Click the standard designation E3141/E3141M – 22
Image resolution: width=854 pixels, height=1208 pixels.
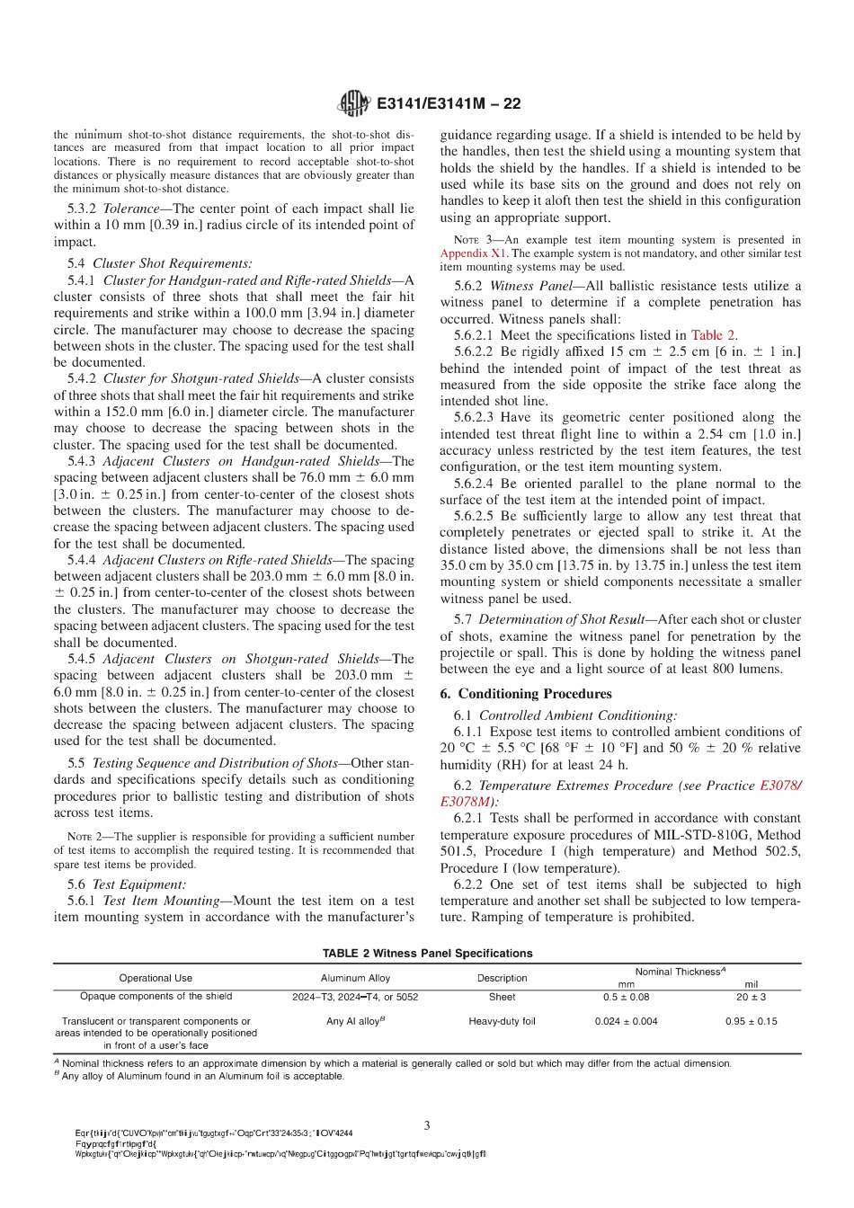[449, 103]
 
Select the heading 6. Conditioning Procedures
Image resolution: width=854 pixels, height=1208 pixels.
[526, 694]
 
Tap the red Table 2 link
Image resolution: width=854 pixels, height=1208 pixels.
[714, 334]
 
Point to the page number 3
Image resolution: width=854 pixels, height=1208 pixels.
[427, 1124]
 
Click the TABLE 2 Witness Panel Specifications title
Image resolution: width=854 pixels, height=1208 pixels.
[427, 953]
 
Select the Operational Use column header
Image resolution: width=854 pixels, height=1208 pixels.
[156, 978]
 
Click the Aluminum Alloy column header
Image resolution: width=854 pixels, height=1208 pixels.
[355, 978]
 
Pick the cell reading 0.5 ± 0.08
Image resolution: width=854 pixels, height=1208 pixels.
[626, 997]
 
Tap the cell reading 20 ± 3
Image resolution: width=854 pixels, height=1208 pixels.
[751, 997]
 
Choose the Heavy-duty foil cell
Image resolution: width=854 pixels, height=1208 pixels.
[502, 1021]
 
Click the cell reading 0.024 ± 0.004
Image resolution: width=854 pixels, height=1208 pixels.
[626, 1021]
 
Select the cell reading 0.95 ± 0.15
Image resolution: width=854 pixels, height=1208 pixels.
[751, 1021]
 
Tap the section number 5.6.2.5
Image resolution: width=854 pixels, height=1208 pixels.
[474, 516]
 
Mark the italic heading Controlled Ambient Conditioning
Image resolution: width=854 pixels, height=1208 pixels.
[577, 715]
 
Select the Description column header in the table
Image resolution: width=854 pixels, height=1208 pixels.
[502, 978]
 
